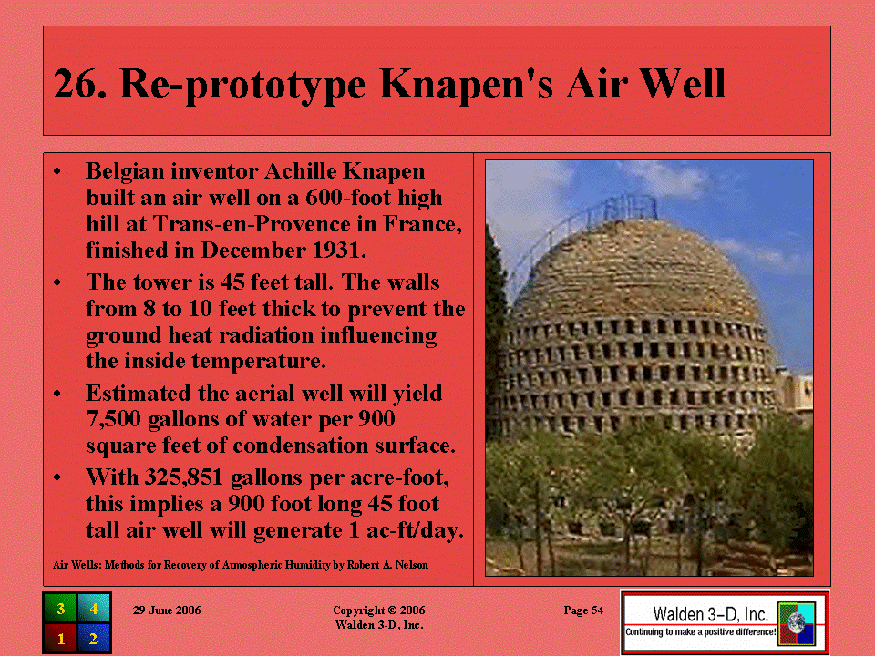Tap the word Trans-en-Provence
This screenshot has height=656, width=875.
click(252, 224)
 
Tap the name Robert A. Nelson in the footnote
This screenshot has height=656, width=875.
click(388, 565)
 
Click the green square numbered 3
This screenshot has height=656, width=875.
click(60, 609)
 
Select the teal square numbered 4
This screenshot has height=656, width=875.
click(93, 609)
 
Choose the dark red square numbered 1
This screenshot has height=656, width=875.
click(60, 638)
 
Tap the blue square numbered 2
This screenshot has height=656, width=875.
click(93, 638)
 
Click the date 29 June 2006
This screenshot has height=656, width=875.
click(167, 610)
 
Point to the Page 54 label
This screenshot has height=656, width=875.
click(583, 610)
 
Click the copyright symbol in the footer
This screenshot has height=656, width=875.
click(392, 610)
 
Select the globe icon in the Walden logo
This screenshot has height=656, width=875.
click(797, 622)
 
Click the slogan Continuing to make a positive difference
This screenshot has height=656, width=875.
click(700, 632)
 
